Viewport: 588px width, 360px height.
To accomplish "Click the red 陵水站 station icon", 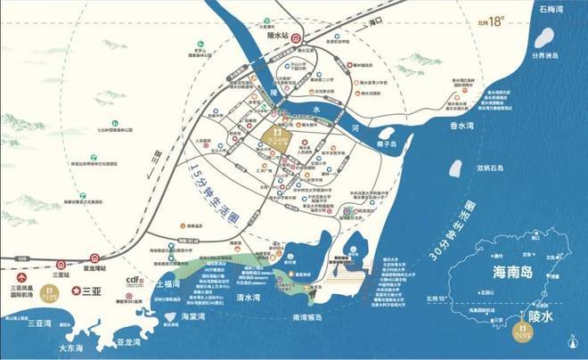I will [298, 39].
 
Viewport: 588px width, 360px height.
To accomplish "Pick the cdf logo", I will [135, 279].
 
